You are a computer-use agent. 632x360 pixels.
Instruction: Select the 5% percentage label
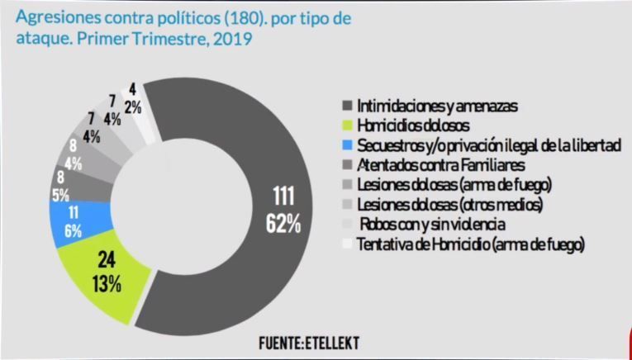click(x=61, y=197)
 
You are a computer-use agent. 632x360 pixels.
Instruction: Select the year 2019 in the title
click(x=235, y=38)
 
